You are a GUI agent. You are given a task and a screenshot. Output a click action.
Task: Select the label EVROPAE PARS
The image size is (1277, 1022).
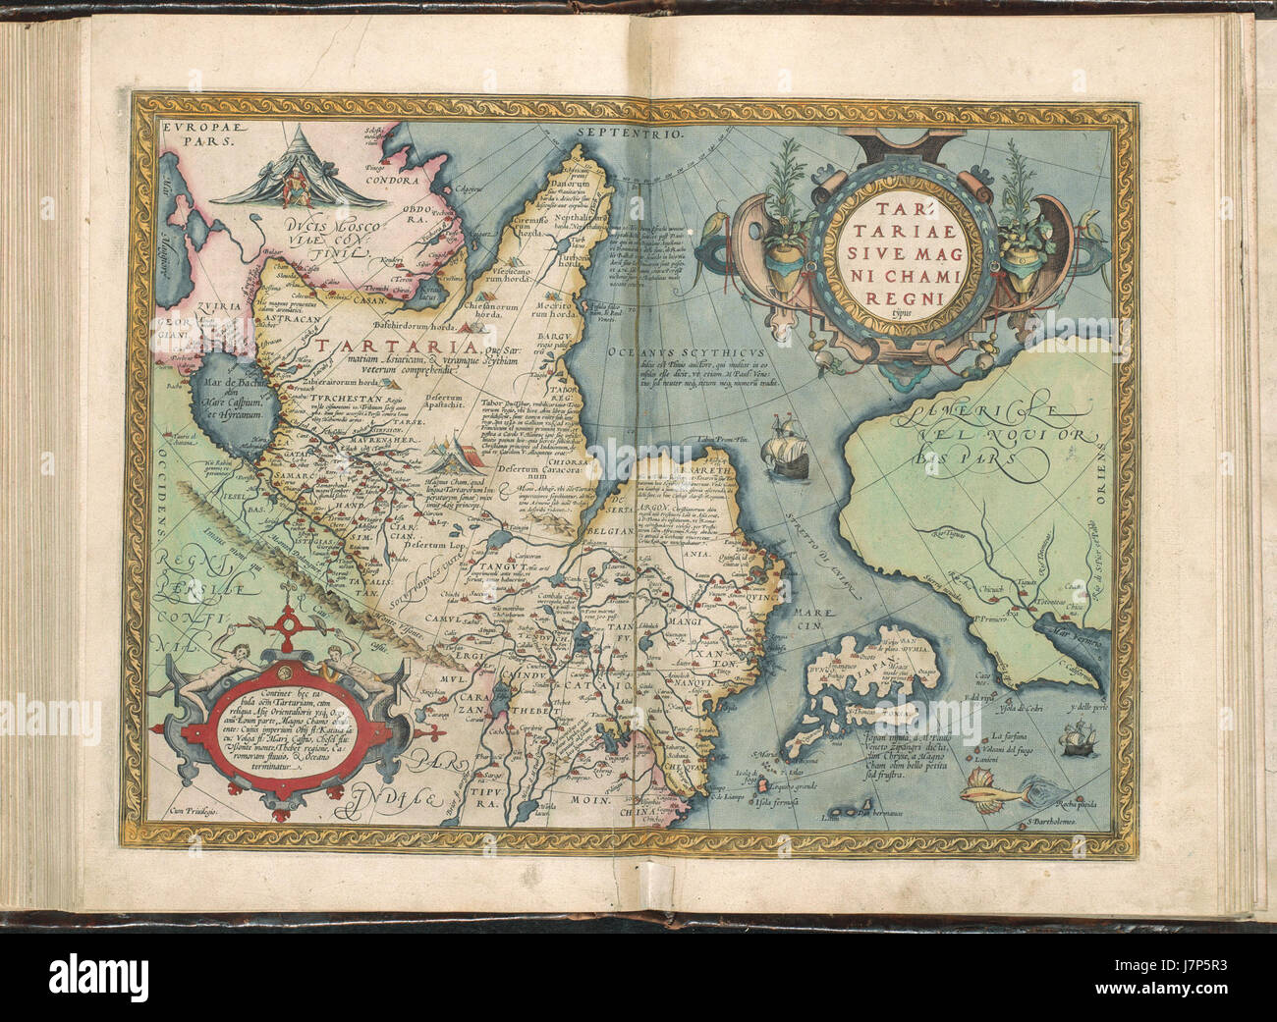coord(194,134)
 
